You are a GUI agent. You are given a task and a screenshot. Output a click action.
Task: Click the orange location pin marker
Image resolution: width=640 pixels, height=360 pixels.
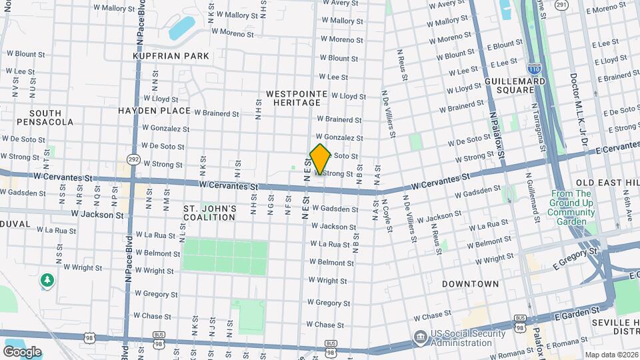pos(321,159)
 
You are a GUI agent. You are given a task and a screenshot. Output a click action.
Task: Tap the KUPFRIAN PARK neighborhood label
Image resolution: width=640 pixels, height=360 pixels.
pos(171,57)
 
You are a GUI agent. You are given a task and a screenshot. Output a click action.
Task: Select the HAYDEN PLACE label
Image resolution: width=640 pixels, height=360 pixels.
pos(155,111)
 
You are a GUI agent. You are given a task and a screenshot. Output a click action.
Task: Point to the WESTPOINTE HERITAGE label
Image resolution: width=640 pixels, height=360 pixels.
pos(293,98)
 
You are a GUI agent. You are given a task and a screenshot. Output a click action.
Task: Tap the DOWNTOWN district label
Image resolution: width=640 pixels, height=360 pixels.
pos(470,284)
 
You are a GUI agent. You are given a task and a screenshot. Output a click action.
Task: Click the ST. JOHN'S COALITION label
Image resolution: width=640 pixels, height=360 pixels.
pos(210,213)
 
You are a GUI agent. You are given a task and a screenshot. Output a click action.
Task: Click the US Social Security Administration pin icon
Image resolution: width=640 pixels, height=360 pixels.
pos(420,337)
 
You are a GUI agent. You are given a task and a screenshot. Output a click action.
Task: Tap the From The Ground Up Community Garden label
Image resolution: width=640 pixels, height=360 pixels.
pos(571,207)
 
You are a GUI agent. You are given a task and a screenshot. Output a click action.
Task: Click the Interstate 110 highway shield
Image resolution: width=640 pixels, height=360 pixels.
pos(533,68)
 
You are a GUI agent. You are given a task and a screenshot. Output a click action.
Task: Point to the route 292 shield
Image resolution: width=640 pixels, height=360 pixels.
pos(133,159)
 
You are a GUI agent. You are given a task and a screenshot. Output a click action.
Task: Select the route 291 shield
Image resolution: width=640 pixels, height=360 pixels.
pos(562,5)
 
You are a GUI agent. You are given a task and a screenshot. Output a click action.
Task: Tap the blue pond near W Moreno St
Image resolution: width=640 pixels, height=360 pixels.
pos(181,28)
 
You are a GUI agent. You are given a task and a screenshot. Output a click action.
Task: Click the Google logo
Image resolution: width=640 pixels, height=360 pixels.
pos(22,351)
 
